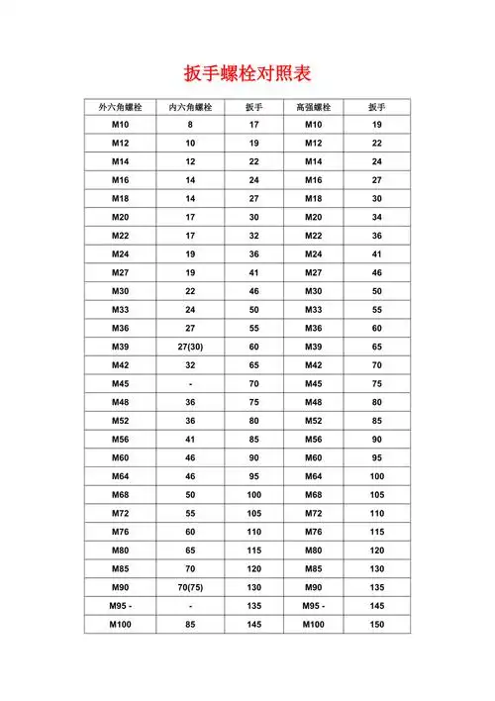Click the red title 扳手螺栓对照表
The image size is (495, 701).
[x=247, y=74]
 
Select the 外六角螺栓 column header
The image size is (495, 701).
[x=119, y=107]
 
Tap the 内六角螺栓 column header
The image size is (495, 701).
[x=190, y=107]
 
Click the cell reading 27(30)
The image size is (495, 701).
[x=190, y=347]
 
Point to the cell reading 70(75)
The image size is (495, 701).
[x=190, y=587]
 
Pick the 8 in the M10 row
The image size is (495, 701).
[x=190, y=125]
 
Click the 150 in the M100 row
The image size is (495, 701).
[x=376, y=625]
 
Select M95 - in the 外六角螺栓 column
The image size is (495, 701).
[x=121, y=606]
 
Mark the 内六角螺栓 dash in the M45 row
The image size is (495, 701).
[x=190, y=384]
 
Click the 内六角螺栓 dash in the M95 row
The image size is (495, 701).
[x=190, y=606]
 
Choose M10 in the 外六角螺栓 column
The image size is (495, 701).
[x=120, y=125]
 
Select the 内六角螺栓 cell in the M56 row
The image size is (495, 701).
[x=190, y=440]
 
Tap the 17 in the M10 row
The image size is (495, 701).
[x=254, y=125]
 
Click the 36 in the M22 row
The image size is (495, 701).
[x=376, y=236]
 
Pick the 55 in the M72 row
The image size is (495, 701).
[x=190, y=514]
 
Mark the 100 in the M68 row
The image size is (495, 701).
[x=254, y=495]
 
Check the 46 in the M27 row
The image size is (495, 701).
[x=376, y=273]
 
